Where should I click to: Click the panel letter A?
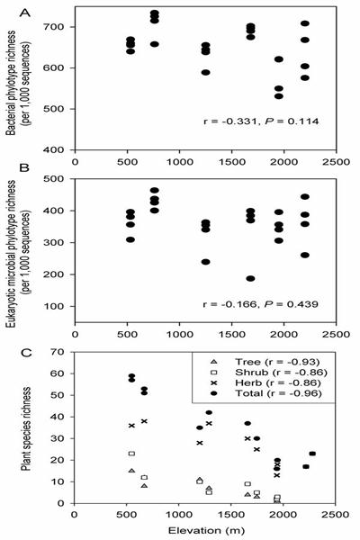24,13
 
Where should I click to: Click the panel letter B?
24,167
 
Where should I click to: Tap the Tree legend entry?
266,362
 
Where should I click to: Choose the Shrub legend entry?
269,373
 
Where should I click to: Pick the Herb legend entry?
266,382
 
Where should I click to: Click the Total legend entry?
266,393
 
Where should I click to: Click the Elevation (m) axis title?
206,530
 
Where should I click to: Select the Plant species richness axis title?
26,428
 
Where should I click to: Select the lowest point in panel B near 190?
250,279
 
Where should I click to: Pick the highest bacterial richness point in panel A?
155,13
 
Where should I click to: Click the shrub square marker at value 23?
131,454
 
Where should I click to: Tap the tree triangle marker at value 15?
131,471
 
